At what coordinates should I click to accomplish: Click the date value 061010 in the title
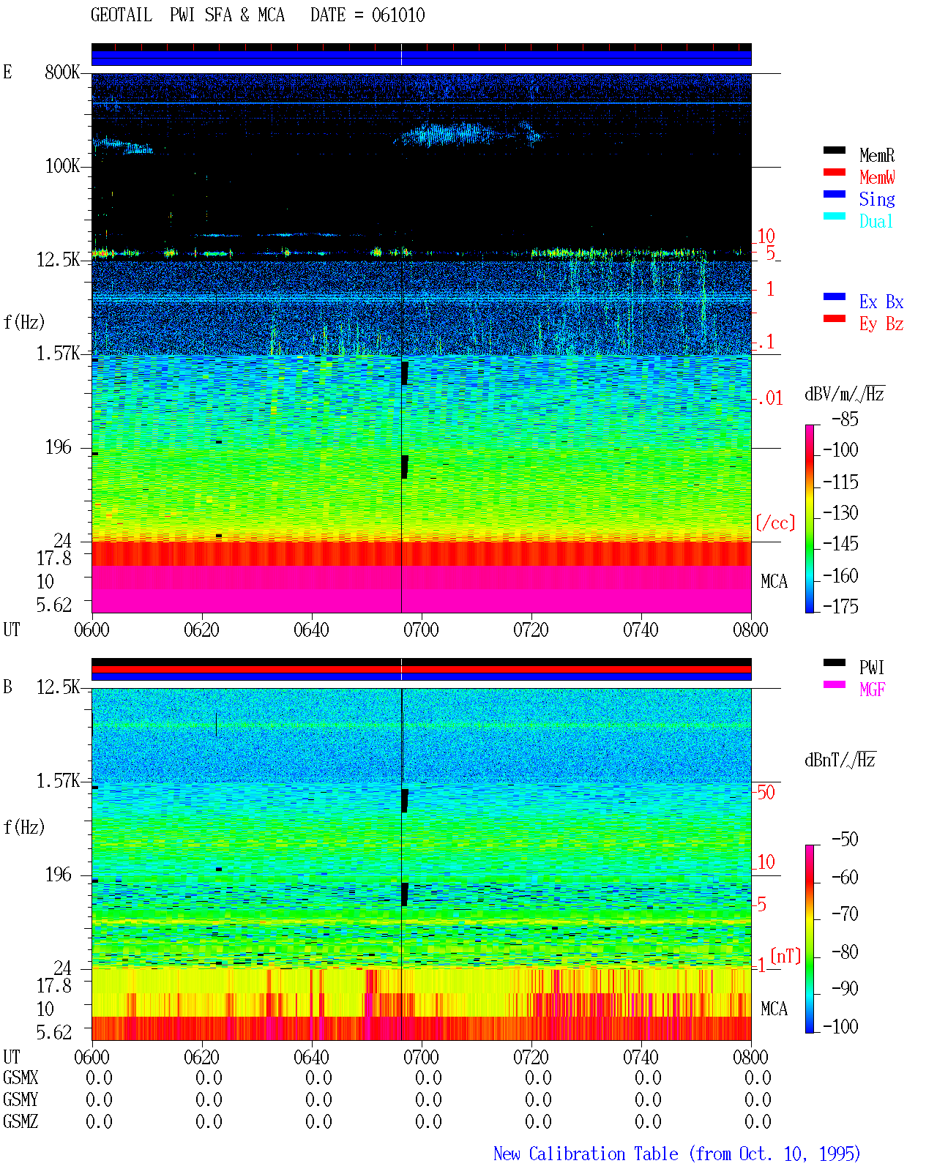tap(397, 15)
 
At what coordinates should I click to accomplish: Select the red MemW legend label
tap(876, 177)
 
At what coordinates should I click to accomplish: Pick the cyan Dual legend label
tap(876, 221)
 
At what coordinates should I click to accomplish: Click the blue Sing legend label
tap(876, 199)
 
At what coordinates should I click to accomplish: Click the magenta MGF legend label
tap(872, 689)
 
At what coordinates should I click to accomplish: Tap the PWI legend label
tap(872, 668)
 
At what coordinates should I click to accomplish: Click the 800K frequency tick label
tap(62, 72)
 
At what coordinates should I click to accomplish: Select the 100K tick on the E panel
tap(62, 166)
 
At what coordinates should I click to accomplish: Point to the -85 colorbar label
tap(845, 419)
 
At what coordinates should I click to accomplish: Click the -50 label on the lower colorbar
tap(845, 840)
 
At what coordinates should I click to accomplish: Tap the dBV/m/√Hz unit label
tap(844, 393)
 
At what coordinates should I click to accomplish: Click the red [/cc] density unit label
tap(775, 523)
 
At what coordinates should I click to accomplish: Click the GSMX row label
tap(20, 1077)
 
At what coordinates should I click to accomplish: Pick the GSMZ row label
tap(20, 1121)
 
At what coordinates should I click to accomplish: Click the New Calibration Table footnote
tap(676, 1154)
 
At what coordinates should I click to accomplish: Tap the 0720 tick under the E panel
tap(531, 629)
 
